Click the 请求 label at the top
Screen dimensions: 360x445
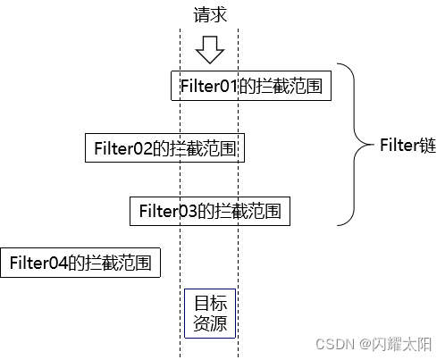point(209,14)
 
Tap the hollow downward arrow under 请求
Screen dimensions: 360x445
point(209,49)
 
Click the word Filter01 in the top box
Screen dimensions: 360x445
point(208,87)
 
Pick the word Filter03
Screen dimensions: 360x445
point(167,211)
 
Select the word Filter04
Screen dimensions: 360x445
point(38,263)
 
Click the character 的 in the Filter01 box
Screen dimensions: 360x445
point(246,87)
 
